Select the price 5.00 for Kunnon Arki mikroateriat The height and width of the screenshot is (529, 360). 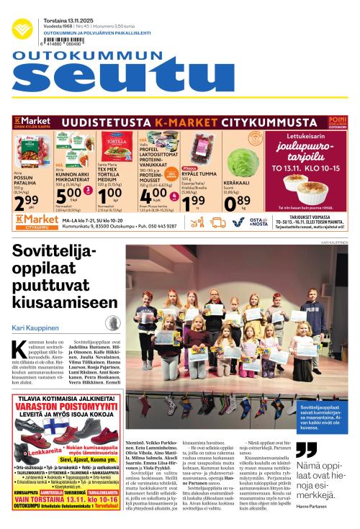(x=69, y=196)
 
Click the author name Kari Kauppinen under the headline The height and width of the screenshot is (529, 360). (x=34, y=322)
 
